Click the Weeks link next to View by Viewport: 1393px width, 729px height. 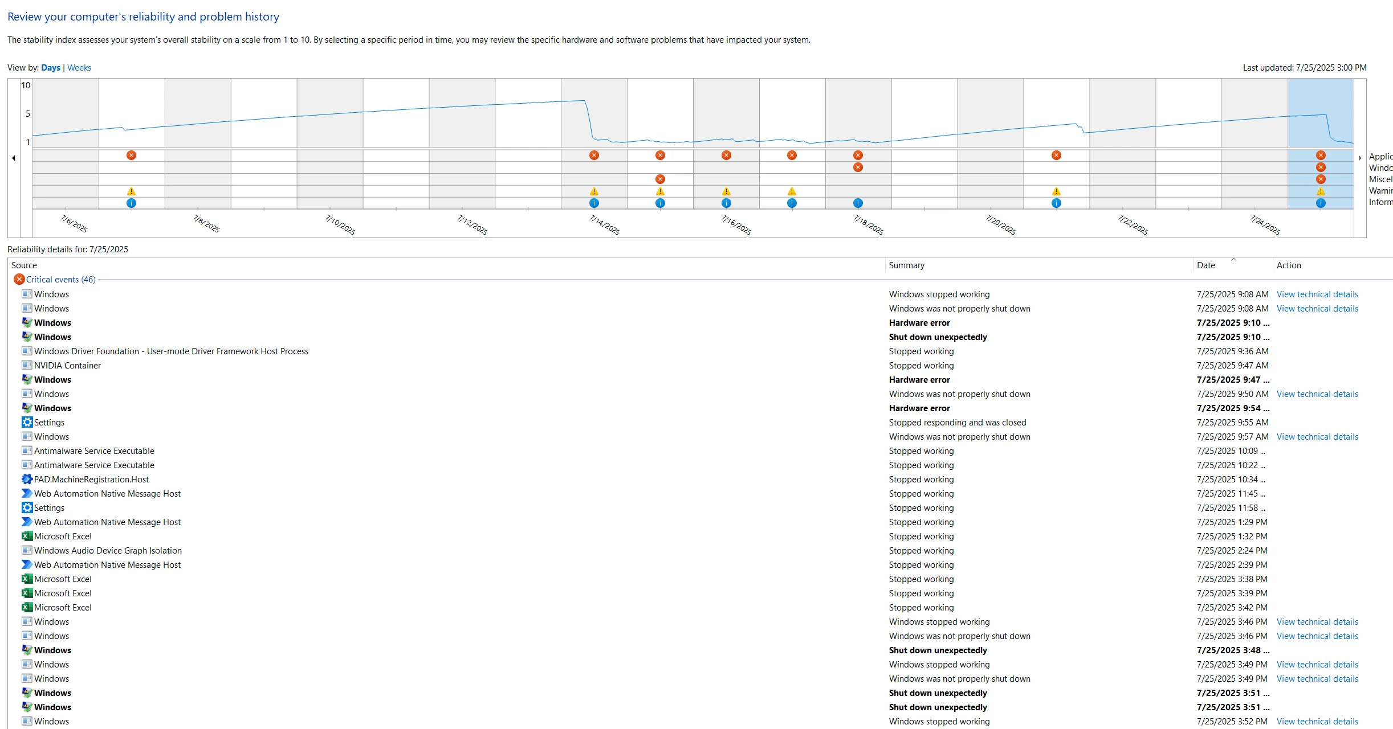[x=79, y=68]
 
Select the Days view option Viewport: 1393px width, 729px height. [x=51, y=68]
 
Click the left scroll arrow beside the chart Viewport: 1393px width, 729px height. [x=14, y=158]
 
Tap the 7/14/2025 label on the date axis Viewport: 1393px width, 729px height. [x=605, y=225]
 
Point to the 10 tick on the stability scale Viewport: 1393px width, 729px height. [x=26, y=85]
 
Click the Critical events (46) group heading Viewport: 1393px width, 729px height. [x=60, y=280]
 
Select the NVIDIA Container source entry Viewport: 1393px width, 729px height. [x=67, y=366]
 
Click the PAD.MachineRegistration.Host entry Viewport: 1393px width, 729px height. [x=91, y=480]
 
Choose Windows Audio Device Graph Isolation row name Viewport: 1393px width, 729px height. [x=108, y=551]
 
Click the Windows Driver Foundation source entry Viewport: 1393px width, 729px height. [x=171, y=351]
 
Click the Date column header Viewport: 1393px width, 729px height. [x=1206, y=265]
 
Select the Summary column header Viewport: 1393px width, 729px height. [x=907, y=265]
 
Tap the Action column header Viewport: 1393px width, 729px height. [x=1289, y=265]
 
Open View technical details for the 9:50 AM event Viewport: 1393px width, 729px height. [x=1317, y=394]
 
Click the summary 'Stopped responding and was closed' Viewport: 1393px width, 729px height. [x=958, y=423]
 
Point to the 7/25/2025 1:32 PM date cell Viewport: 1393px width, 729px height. [x=1232, y=536]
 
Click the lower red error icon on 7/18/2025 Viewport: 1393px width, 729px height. [x=858, y=167]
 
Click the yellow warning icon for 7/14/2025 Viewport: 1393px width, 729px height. [x=594, y=191]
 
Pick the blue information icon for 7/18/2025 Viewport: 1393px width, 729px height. [x=858, y=203]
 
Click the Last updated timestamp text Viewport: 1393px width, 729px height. [x=1305, y=68]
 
